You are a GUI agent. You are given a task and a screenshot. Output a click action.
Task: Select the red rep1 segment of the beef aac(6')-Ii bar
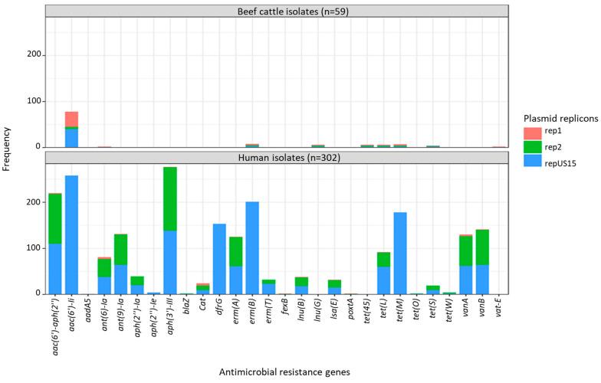pos(71,119)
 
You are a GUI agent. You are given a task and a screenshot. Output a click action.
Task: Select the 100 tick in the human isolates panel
pos(34,248)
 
